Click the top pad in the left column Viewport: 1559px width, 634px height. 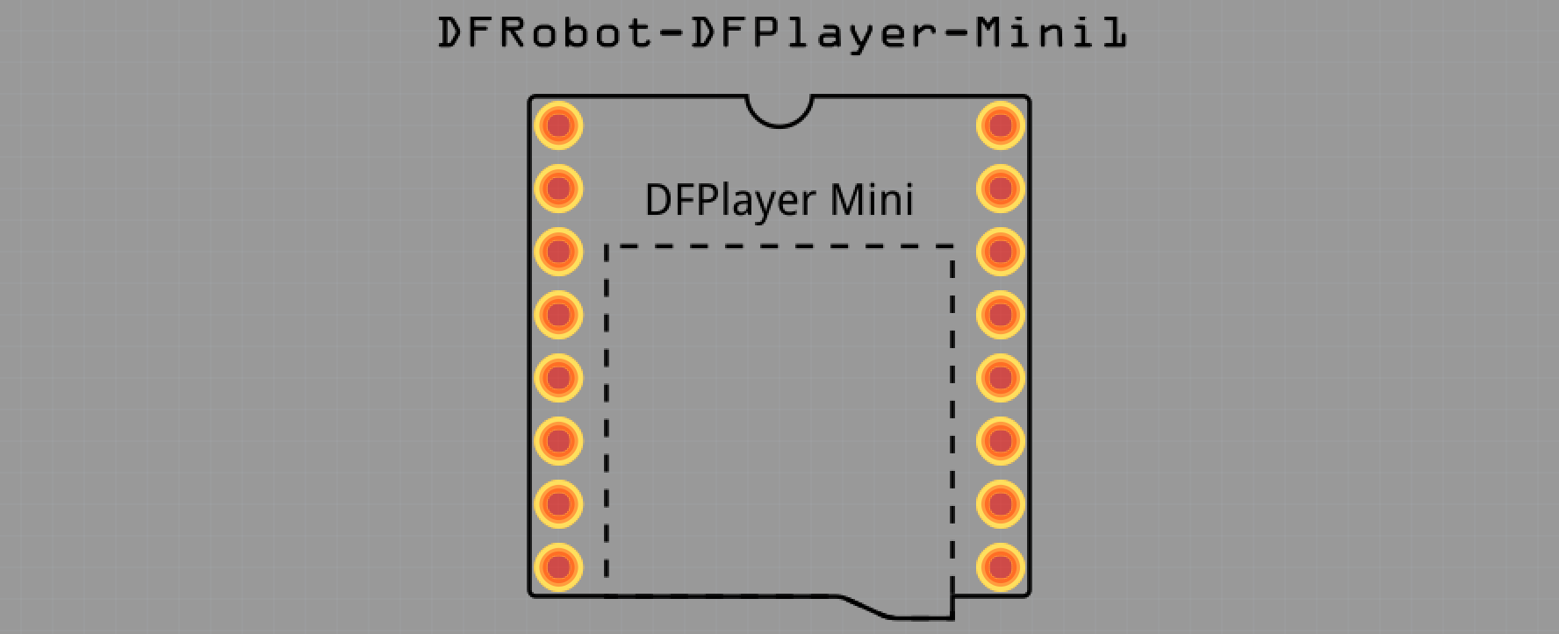558,125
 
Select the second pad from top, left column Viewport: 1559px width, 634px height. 558,189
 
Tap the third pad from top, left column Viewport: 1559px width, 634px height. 558,252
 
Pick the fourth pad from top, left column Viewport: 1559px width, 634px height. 558,315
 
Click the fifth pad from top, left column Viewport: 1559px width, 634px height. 558,378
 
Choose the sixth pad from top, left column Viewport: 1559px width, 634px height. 558,441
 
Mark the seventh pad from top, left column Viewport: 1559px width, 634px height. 558,504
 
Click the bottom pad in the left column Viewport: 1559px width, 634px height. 558,567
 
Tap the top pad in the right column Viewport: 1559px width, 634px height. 1001,125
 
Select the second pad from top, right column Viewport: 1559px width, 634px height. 1001,189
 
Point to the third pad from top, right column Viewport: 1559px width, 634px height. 1001,252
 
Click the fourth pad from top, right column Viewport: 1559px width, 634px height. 1001,315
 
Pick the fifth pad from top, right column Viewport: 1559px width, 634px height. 1001,378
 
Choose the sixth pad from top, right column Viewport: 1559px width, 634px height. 1001,441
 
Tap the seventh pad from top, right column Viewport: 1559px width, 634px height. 1001,504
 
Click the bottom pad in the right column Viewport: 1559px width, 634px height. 1001,567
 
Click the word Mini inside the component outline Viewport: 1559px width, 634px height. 872,200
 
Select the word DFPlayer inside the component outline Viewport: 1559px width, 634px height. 731,201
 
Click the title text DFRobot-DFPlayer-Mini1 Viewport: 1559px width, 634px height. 781,33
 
